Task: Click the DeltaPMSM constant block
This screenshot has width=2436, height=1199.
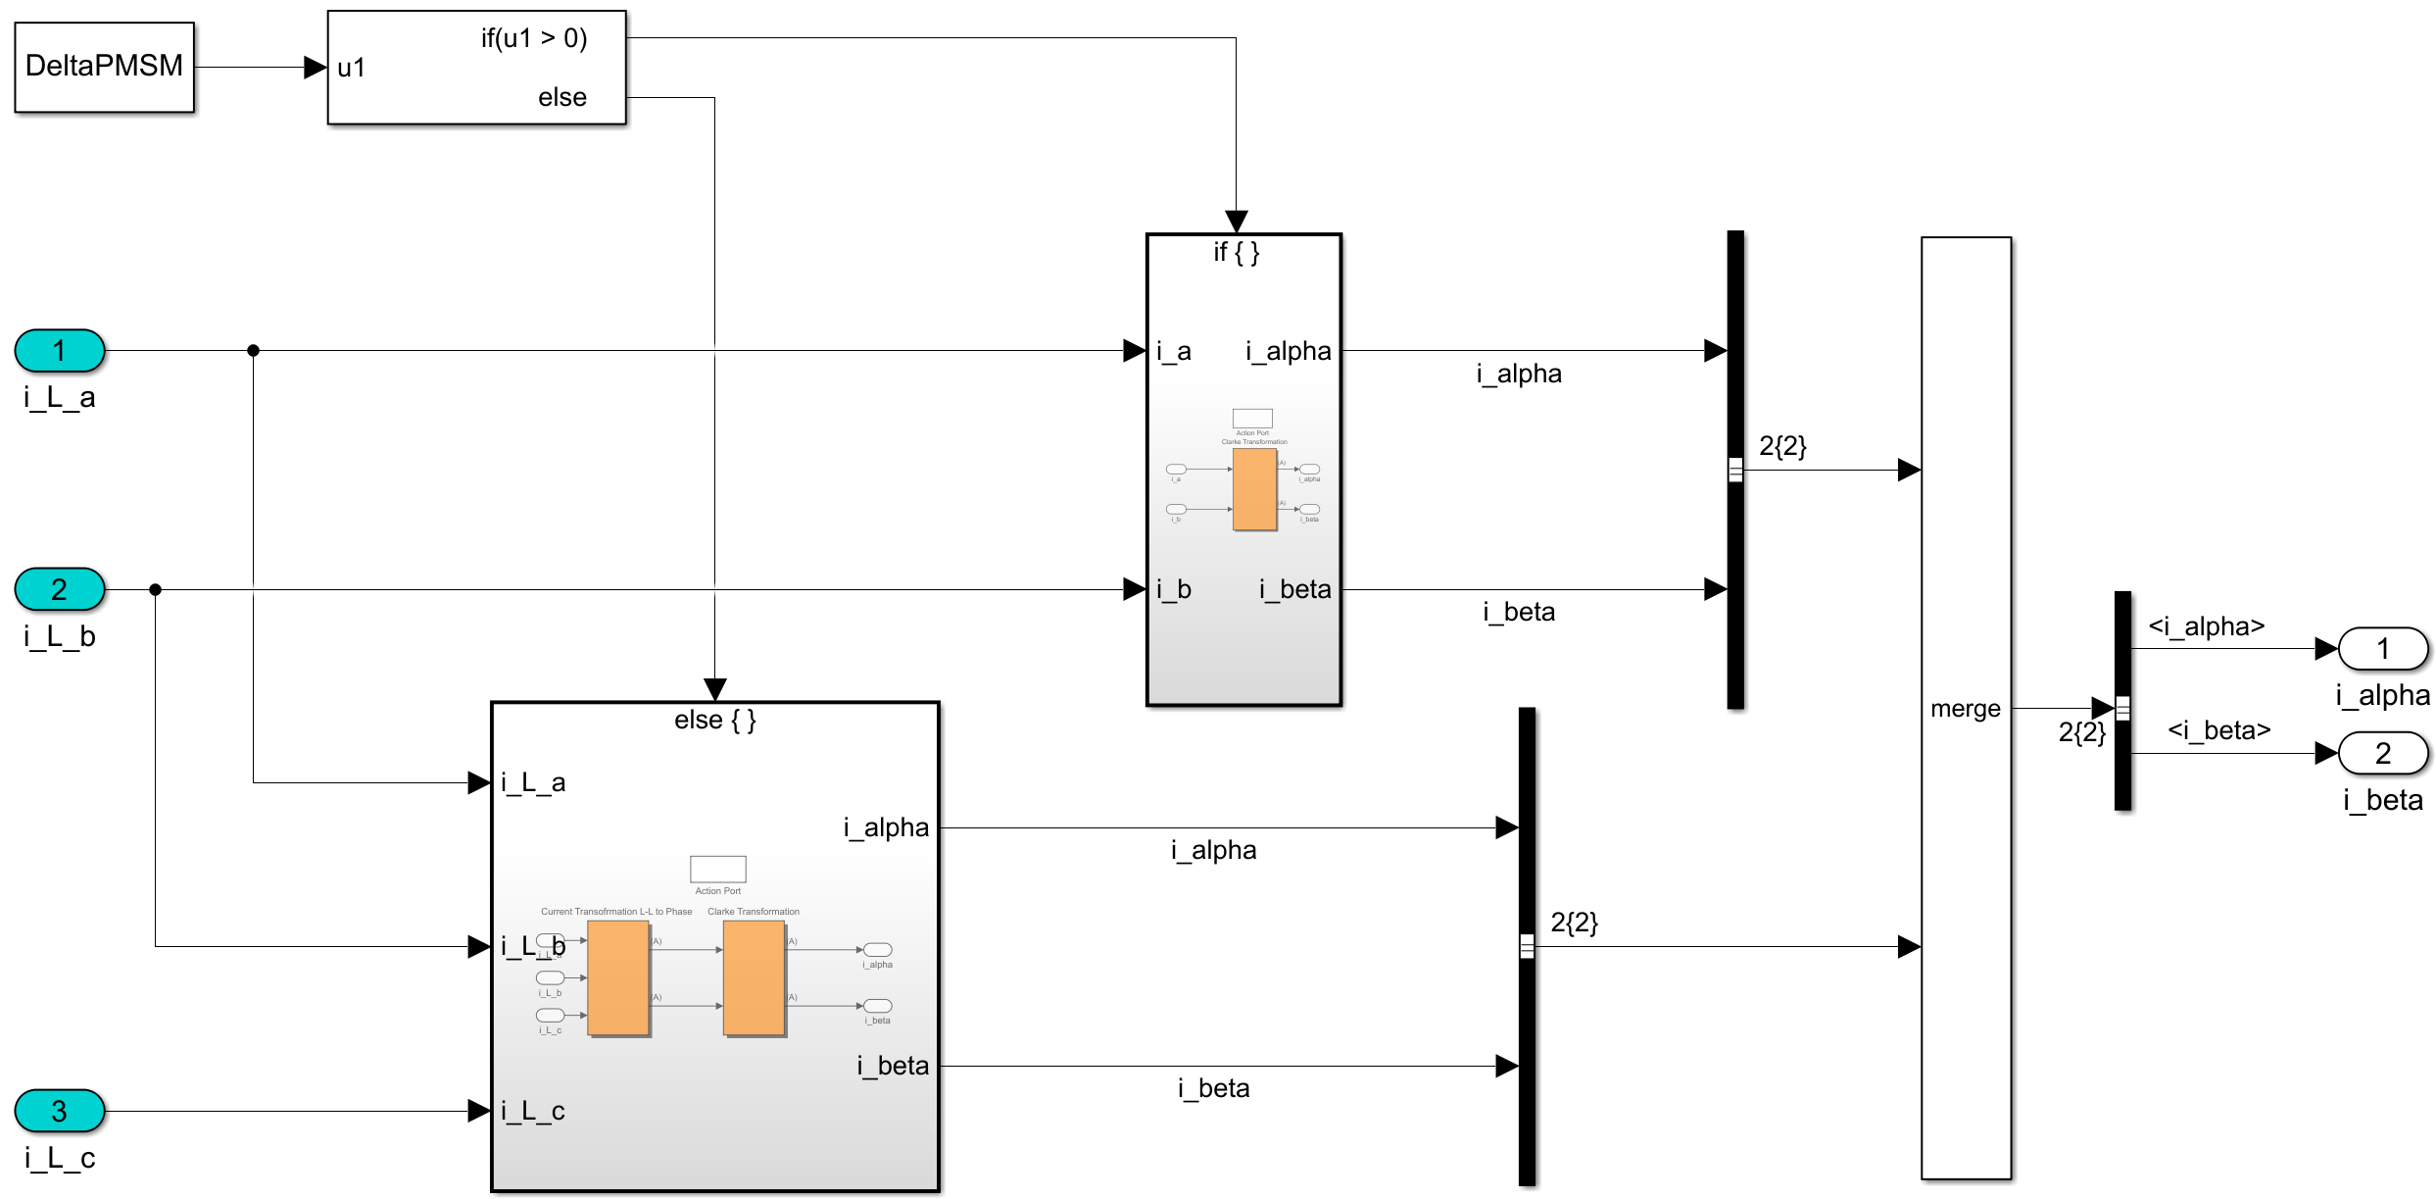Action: pos(104,67)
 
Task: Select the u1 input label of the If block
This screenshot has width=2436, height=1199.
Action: pos(351,68)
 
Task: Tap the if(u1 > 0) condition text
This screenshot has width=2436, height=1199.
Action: pos(533,38)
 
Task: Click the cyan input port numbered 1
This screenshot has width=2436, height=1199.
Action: pos(60,351)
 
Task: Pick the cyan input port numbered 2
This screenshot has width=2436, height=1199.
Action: pos(60,589)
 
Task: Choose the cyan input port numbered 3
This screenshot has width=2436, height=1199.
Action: pos(60,1111)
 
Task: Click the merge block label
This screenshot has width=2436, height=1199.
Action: pos(1965,709)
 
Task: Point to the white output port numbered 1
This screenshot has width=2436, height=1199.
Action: pos(2382,649)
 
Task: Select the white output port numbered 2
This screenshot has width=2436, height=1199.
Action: pos(2382,753)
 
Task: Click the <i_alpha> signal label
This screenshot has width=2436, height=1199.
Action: pos(2206,626)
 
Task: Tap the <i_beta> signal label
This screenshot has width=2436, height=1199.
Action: pos(2218,730)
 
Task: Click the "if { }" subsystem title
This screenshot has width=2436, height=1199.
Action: pos(1237,253)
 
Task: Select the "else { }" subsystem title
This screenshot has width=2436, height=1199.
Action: pos(715,721)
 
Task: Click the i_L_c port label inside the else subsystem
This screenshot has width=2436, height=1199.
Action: pos(533,1111)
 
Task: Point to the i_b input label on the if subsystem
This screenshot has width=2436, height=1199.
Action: pos(1173,589)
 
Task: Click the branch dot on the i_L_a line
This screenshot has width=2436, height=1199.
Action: pos(253,350)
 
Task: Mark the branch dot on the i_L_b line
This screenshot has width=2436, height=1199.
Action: pos(155,589)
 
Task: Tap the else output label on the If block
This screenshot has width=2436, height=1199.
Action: pos(561,97)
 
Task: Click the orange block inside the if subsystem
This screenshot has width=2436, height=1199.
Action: pos(1254,489)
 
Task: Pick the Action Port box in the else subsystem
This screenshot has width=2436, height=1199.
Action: pos(717,869)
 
